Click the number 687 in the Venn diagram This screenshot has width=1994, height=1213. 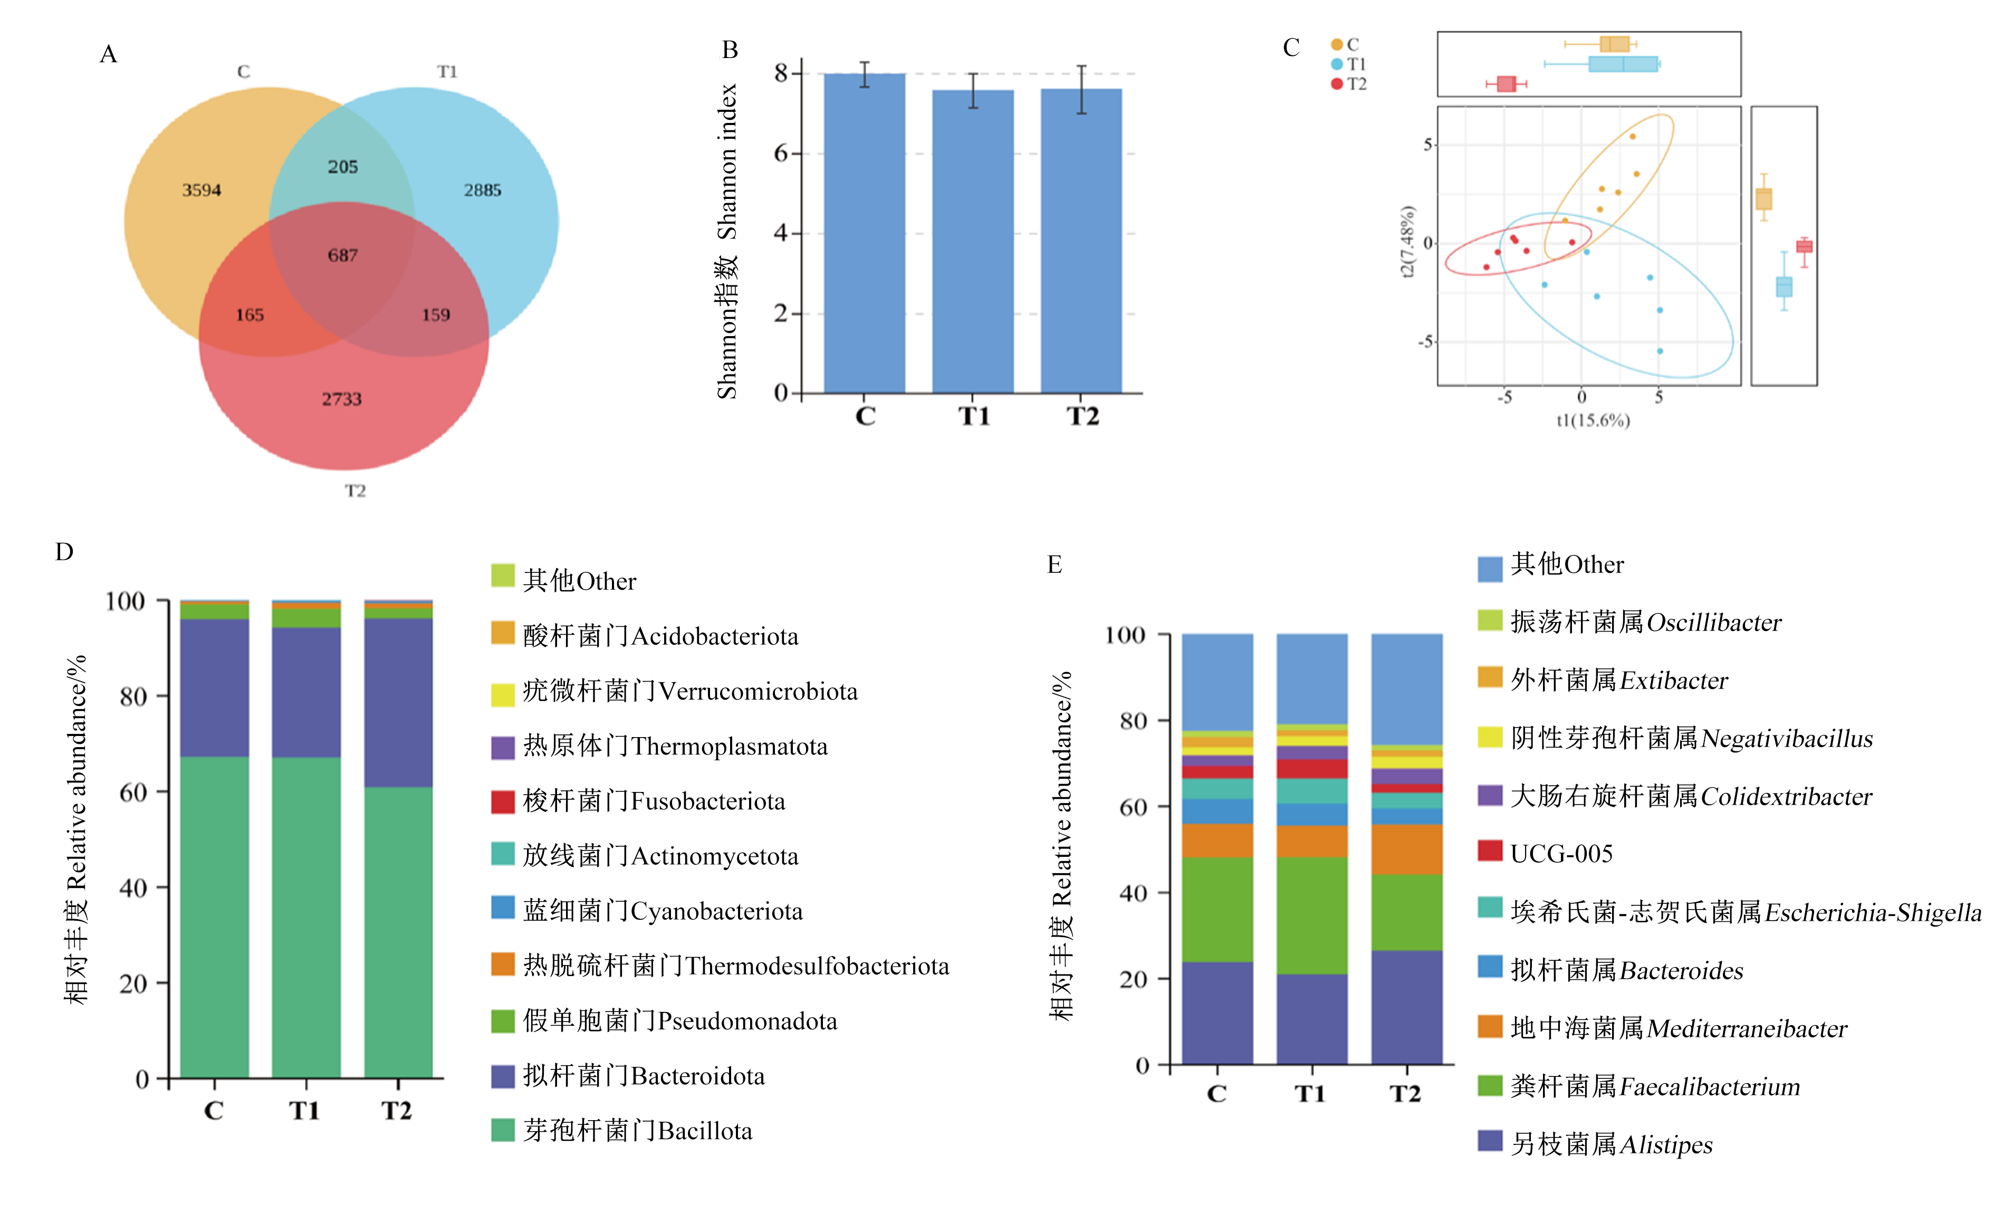click(342, 256)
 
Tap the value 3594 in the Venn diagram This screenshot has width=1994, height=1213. click(202, 190)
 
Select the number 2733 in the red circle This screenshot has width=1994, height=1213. click(341, 399)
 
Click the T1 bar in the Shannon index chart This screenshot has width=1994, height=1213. click(973, 242)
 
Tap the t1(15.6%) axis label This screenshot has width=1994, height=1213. click(1593, 420)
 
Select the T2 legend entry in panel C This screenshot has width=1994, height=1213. click(1349, 84)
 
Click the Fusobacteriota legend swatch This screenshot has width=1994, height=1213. click(503, 801)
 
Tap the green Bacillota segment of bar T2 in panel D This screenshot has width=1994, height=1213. click(398, 932)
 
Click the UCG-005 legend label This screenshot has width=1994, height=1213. click(1561, 854)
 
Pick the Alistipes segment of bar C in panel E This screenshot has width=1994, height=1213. click(1217, 1013)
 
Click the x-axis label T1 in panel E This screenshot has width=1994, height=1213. click(1310, 1094)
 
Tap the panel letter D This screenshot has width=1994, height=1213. click(64, 552)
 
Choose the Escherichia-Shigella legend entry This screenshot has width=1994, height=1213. click(1729, 911)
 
